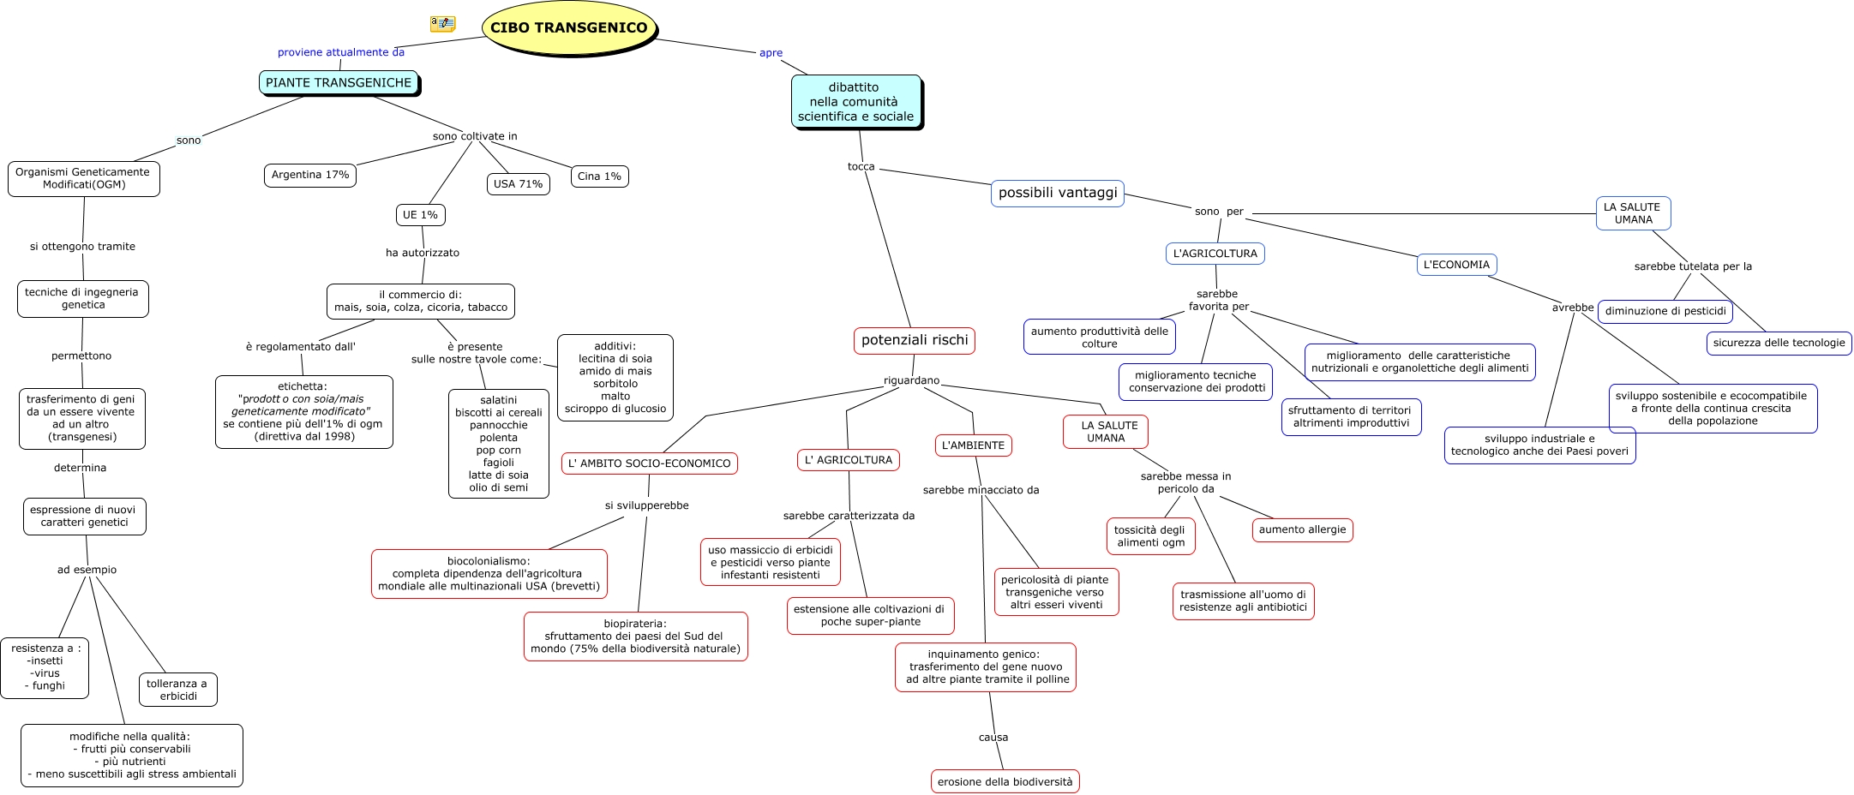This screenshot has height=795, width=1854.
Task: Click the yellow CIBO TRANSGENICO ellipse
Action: [x=569, y=27]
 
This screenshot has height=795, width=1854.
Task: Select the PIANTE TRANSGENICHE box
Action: [x=339, y=83]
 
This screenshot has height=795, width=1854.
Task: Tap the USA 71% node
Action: [x=518, y=183]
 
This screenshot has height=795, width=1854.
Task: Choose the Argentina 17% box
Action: [x=310, y=175]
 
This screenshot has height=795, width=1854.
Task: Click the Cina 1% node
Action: [x=599, y=176]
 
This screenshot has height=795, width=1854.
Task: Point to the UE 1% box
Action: [x=420, y=215]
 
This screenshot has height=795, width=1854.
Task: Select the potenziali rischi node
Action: [x=915, y=340]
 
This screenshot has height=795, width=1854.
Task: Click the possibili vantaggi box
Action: [x=1058, y=193]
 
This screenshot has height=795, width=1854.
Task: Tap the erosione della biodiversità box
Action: [x=1005, y=781]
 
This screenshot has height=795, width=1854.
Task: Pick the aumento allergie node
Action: [x=1302, y=529]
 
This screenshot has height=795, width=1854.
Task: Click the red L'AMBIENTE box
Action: [x=973, y=445]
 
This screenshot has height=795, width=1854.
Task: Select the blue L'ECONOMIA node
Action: [x=1456, y=265]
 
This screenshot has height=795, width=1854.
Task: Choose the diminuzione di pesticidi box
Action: [x=1665, y=311]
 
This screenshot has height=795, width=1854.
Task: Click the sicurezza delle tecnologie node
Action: [x=1779, y=343]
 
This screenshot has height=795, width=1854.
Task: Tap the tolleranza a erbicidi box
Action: [x=177, y=690]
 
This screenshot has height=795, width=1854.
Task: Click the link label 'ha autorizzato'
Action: [x=423, y=253]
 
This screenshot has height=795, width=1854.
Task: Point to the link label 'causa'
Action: [x=993, y=737]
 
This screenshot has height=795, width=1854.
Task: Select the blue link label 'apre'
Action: [x=771, y=53]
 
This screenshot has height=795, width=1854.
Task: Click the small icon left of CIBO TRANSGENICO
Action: [x=442, y=24]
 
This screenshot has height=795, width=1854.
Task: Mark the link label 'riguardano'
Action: [x=911, y=380]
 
